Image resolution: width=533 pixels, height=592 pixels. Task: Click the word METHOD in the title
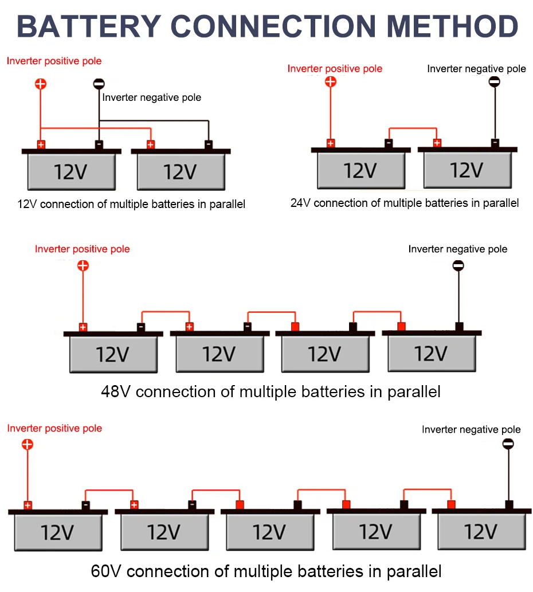[453, 26]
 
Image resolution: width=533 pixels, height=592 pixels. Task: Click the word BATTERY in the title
[89, 26]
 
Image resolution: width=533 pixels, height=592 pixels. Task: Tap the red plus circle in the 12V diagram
[41, 84]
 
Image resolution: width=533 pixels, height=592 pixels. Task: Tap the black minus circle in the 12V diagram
[99, 84]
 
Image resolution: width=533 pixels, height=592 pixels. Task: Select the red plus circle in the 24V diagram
[331, 81]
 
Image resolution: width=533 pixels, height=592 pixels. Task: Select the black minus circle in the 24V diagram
[495, 81]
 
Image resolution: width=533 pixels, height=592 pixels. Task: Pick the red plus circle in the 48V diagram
[83, 266]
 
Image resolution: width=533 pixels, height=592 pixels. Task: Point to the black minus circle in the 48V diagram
[458, 266]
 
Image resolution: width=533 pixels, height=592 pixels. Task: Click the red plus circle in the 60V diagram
[27, 444]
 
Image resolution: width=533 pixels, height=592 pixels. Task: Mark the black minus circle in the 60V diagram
[508, 444]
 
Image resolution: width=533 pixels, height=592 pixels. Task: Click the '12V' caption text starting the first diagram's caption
[27, 204]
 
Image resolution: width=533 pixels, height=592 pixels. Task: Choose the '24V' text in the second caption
[300, 203]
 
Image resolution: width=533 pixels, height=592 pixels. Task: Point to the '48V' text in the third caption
[116, 392]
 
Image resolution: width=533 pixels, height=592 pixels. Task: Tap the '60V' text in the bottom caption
[105, 571]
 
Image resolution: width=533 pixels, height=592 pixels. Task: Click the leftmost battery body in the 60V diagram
[58, 532]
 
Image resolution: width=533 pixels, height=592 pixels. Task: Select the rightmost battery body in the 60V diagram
[481, 531]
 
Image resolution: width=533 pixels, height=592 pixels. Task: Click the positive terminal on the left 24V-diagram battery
[331, 143]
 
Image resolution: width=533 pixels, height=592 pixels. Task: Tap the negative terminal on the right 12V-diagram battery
[209, 144]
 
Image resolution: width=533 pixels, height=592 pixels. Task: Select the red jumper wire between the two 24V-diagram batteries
[413, 128]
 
